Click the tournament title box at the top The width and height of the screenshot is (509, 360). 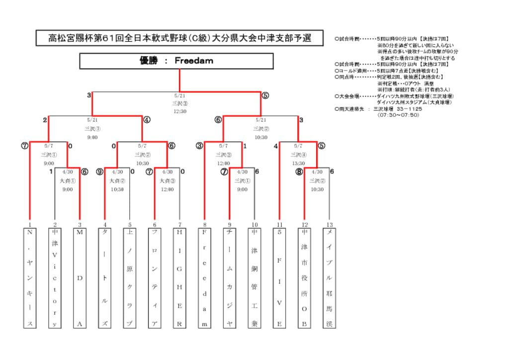coord(179,38)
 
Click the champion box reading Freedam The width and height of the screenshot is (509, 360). coord(176,61)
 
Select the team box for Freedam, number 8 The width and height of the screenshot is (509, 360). coord(204,277)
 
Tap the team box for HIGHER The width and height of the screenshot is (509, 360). coord(179,277)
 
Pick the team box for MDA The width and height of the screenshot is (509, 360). coord(80,277)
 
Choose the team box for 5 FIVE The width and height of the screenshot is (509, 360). coord(279,277)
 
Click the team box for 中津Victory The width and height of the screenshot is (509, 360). coord(55,277)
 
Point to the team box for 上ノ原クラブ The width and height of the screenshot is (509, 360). coord(130,277)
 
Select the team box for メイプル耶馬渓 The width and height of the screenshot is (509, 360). coord(329,277)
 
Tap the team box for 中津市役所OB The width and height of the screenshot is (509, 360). coord(304,277)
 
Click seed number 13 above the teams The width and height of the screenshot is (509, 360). coord(329,225)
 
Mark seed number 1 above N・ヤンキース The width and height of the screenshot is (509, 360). coord(30,225)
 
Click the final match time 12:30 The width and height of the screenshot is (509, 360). coord(179,111)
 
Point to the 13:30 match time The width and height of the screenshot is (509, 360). coord(298,163)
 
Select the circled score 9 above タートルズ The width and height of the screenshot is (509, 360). coord(100,172)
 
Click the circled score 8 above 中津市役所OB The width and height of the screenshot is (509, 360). coord(299,172)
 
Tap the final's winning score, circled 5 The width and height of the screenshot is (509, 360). coord(265,95)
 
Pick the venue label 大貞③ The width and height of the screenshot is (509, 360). coord(167,180)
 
